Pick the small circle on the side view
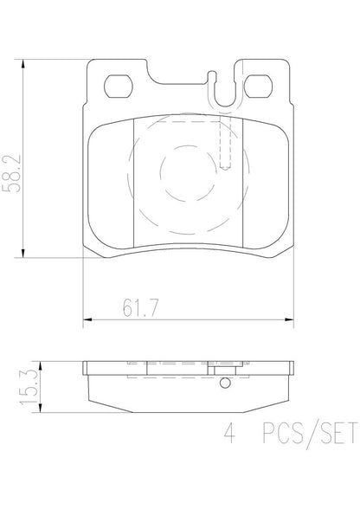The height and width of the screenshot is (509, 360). pyautogui.click(x=223, y=383)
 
